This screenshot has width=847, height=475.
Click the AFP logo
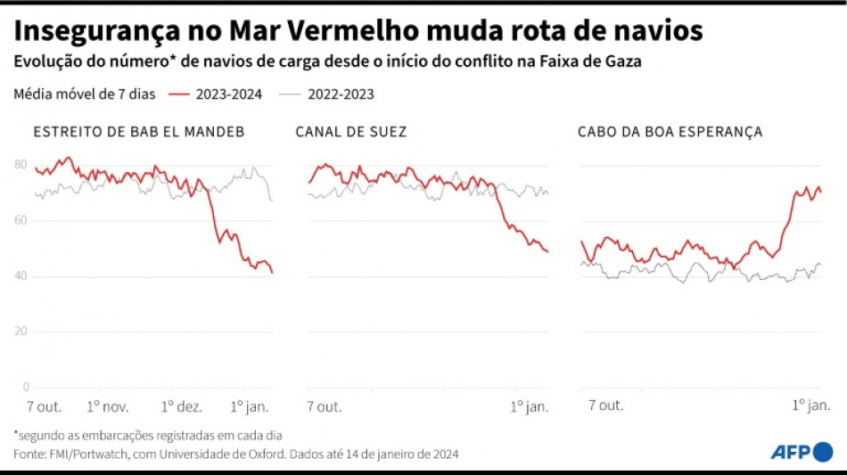pyautogui.click(x=802, y=452)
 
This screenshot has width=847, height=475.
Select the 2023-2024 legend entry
pyautogui.click(x=216, y=94)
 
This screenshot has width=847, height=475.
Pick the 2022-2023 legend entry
pyautogui.click(x=327, y=94)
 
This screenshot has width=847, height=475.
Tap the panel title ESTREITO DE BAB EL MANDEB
pyautogui.click(x=138, y=132)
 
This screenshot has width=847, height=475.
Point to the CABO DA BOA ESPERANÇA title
pyautogui.click(x=670, y=132)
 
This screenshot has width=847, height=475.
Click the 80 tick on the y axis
pyautogui.click(x=21, y=165)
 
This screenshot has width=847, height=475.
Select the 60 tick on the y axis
pyautogui.click(x=21, y=220)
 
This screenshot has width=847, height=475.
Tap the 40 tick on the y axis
pyautogui.click(x=21, y=276)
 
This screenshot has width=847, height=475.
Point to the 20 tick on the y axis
pyautogui.click(x=21, y=332)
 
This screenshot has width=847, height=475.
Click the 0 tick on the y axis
pyautogui.click(x=25, y=387)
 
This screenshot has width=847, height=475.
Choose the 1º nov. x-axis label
pyautogui.click(x=108, y=406)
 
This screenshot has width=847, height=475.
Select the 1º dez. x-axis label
pyautogui.click(x=181, y=406)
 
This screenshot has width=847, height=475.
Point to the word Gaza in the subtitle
pyautogui.click(x=622, y=63)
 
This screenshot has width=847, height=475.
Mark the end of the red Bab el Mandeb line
pyautogui.click(x=272, y=272)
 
